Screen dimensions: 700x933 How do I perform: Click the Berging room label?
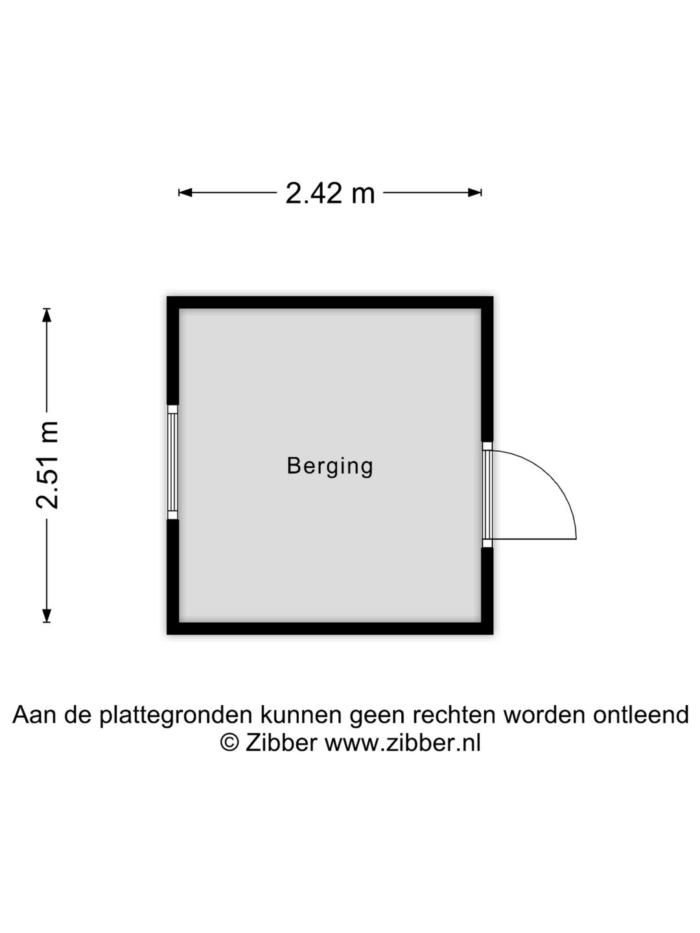[330, 466]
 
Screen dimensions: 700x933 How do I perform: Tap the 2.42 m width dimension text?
[330, 193]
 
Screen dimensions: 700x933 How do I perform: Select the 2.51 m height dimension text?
[47, 465]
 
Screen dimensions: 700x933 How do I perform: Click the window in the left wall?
[172, 462]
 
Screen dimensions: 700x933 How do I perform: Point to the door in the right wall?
[487, 495]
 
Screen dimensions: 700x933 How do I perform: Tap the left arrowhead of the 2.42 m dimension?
[185, 192]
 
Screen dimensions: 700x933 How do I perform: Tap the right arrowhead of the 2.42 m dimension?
[474, 192]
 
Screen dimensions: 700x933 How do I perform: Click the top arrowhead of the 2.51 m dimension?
[47, 315]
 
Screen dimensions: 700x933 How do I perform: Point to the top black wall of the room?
[330, 303]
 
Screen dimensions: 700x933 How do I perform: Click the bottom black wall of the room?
[330, 628]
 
